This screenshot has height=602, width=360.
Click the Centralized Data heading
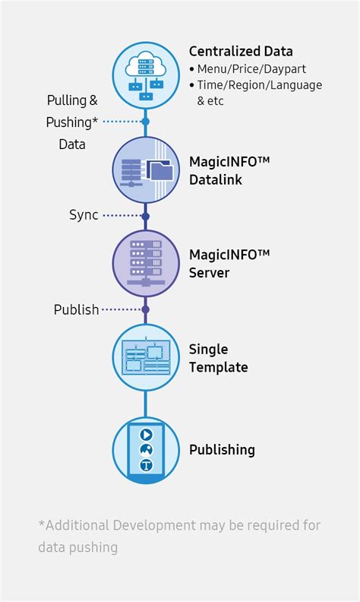pos(240,52)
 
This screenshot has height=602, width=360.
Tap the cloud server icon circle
pos(146,74)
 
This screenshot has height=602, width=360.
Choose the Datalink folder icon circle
pos(146,169)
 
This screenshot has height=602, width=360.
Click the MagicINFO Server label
pos(229,262)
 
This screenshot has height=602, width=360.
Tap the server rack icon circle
pos(146,262)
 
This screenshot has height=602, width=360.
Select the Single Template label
pos(219,358)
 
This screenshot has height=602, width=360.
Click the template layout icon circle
pos(146,357)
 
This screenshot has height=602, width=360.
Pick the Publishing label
pos(222,450)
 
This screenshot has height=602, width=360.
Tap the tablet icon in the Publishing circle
pos(146,450)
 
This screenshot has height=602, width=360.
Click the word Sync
pos(84,215)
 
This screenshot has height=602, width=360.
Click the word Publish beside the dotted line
pos(76,309)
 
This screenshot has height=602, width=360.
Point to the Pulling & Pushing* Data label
pos(72,122)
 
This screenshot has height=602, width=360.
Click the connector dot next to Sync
pos(146,216)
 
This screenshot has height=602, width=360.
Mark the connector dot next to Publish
pos(146,309)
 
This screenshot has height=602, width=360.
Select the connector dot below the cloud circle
pos(146,121)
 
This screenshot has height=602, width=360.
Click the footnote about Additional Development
pos(179,536)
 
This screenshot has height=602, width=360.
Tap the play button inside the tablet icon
pos(146,435)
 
